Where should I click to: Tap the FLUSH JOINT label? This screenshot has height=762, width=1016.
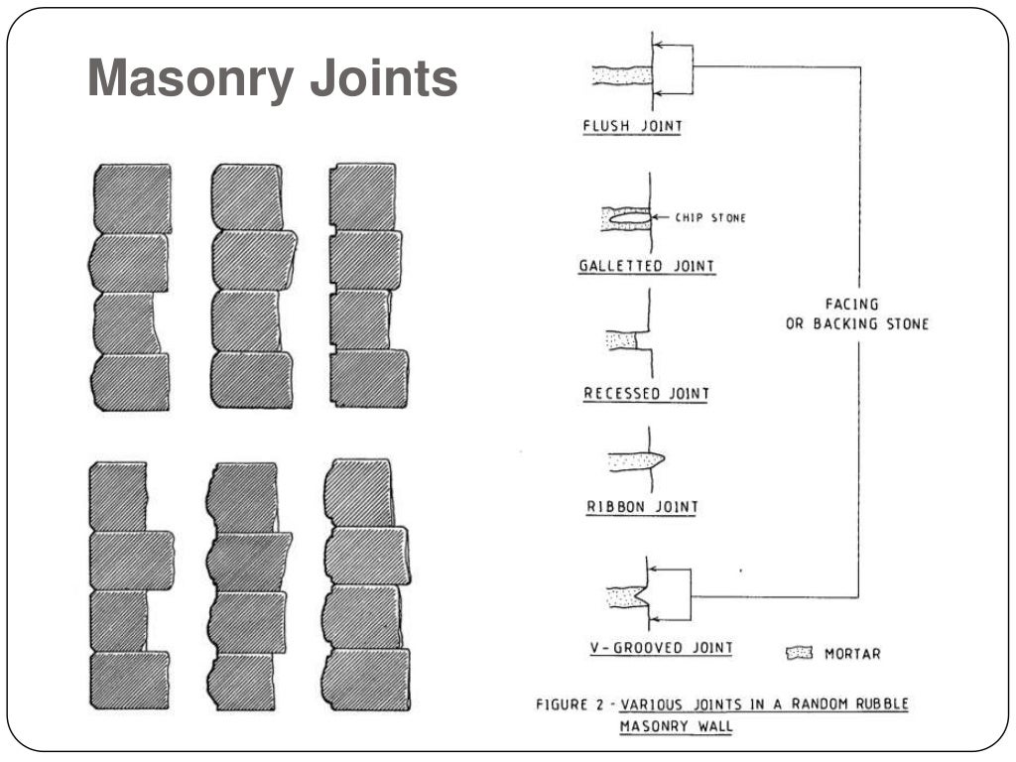632,126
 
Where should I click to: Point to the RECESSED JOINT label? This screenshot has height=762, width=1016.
646,394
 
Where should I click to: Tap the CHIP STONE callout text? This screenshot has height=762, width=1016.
709,218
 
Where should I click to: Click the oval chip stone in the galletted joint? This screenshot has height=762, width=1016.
629,217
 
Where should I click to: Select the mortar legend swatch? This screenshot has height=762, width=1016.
798,653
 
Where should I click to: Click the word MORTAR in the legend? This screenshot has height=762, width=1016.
851,654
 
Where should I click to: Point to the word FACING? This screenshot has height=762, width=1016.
851,305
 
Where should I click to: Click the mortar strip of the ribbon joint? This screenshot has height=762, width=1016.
633,461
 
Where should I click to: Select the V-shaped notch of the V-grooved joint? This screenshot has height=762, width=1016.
642,597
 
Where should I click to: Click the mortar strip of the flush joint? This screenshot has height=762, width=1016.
621,74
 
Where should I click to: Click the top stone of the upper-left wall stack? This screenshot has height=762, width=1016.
133,198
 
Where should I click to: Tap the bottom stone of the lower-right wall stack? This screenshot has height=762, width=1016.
368,679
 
